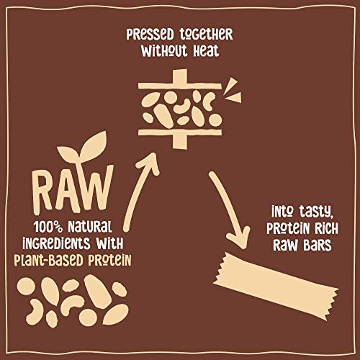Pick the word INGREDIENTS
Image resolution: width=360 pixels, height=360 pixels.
61,241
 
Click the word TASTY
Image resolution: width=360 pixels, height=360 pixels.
317,212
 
